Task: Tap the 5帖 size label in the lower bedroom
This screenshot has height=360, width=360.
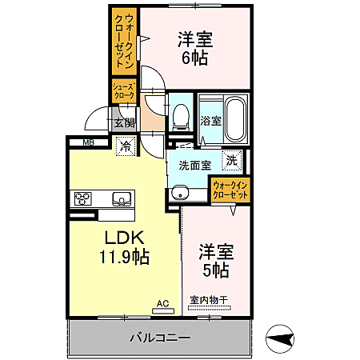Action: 215,270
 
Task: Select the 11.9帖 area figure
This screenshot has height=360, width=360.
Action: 123,257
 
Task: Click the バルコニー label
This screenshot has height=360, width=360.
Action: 160,338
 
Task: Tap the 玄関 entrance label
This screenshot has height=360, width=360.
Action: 124,123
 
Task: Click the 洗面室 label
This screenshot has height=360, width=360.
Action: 194,166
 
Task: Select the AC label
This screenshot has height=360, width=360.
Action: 162,303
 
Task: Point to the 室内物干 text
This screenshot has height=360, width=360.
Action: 209,301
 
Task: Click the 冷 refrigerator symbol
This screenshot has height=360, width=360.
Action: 126,146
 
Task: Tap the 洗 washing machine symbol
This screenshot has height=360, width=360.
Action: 231,159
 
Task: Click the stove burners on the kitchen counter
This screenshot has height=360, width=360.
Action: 82,198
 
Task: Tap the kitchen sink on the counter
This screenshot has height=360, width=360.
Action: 121,198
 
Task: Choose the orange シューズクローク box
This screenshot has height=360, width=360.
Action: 122,90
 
